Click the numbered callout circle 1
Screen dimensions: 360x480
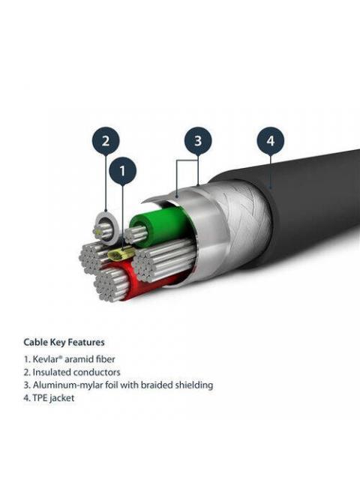(x=122, y=171)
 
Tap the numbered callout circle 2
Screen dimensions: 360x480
(x=106, y=141)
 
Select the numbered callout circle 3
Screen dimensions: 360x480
(x=198, y=141)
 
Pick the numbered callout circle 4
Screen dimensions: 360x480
(x=271, y=141)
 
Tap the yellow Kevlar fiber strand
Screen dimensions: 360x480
(x=122, y=253)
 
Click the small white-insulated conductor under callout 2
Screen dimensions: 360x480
(x=105, y=229)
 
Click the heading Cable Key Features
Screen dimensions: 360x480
(x=64, y=342)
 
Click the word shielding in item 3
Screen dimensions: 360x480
(x=194, y=385)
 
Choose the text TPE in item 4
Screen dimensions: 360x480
(x=40, y=398)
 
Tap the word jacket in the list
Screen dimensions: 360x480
(x=61, y=398)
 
